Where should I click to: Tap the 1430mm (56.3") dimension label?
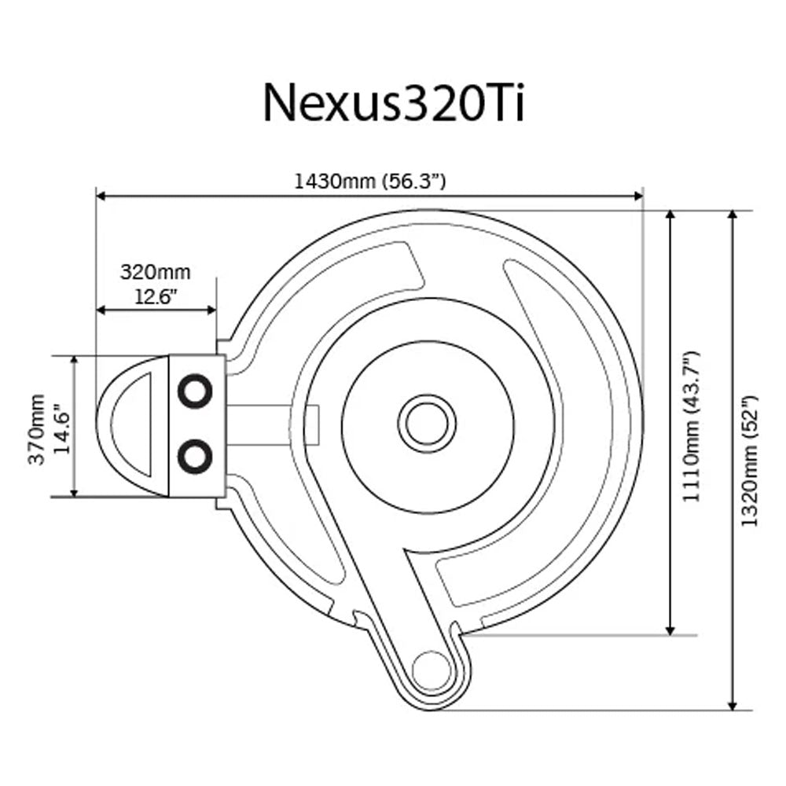(370, 181)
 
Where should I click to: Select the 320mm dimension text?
(155, 273)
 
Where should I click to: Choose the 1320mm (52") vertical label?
(751, 460)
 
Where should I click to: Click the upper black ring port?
(194, 390)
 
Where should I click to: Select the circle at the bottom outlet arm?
(430, 670)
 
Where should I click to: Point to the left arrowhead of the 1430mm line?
(101, 197)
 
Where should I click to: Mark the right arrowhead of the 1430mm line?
(638, 197)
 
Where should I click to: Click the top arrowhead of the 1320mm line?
(733, 216)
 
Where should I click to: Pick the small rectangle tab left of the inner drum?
(312, 424)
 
